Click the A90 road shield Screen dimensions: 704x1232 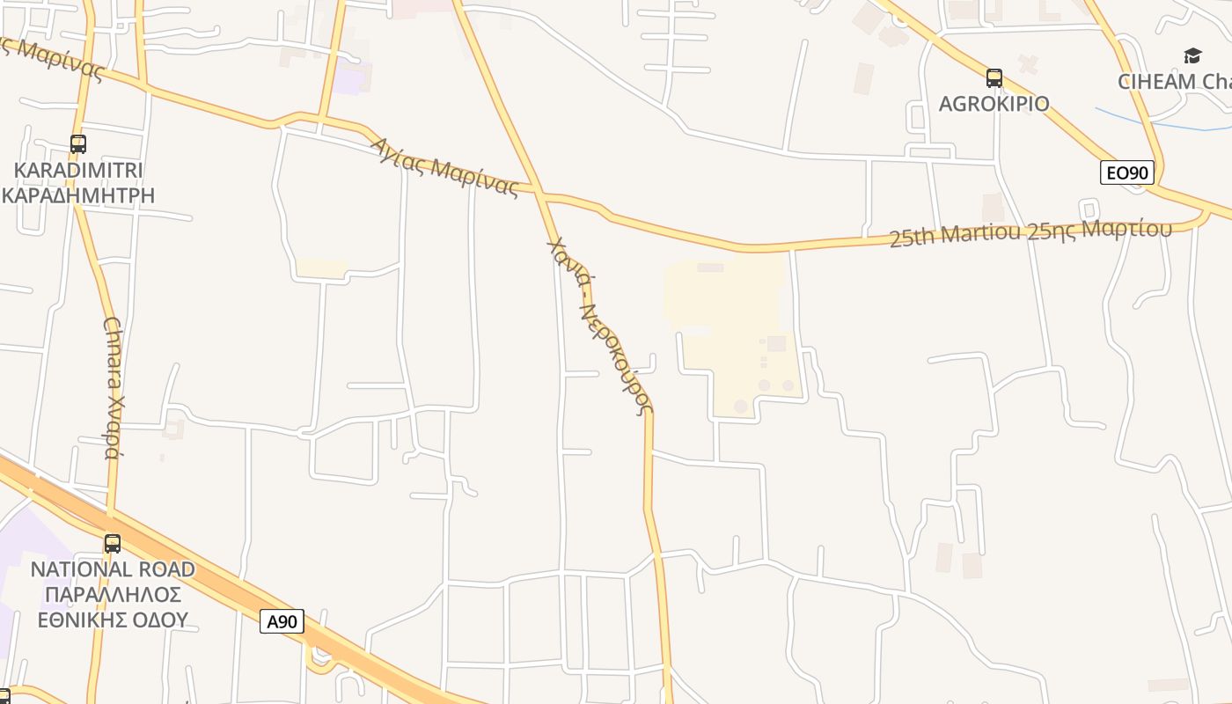(x=282, y=621)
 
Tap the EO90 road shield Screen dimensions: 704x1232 (x=1126, y=172)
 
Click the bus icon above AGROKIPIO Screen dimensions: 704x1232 (x=994, y=78)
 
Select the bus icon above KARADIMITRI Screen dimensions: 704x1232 (x=78, y=144)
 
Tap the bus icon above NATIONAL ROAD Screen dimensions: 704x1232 (x=113, y=544)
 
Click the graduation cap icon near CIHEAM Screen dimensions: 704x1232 (x=1192, y=56)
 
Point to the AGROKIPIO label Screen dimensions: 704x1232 (x=994, y=104)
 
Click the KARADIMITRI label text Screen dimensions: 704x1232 (x=78, y=170)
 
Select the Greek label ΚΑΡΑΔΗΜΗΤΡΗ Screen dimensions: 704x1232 (x=78, y=194)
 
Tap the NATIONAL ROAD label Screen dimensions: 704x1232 (x=113, y=569)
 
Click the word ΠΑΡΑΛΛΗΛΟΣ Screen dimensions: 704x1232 (x=113, y=594)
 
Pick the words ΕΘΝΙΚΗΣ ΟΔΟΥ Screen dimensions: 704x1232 (x=113, y=620)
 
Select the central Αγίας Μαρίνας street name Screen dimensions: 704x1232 (x=444, y=166)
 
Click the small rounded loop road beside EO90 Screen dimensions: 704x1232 (x=1089, y=209)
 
